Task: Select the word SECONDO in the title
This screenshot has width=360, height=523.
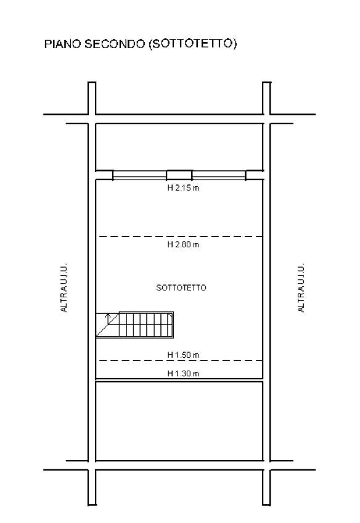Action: click(114, 44)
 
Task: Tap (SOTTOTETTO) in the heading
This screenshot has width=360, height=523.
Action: click(192, 44)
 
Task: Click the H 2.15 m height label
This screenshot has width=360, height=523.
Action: click(183, 187)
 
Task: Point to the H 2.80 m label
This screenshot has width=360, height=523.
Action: click(183, 244)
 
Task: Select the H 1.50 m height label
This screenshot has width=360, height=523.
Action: click(183, 355)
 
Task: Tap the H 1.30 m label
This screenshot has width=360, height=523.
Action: click(183, 374)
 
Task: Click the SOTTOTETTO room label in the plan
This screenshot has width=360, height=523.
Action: click(181, 287)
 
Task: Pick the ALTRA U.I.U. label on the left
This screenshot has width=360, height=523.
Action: click(63, 287)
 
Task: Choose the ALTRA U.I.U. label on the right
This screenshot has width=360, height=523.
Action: click(301, 287)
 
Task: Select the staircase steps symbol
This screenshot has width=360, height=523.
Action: click(146, 325)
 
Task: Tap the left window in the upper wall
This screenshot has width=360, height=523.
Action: click(140, 175)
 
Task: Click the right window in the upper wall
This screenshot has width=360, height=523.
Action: click(219, 175)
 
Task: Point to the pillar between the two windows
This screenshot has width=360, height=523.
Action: click(179, 175)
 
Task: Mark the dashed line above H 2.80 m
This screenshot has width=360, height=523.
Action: click(181, 236)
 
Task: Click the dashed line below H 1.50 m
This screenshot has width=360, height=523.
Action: click(181, 361)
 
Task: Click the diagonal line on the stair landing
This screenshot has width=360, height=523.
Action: click(108, 324)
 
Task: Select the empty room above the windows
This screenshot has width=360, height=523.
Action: click(179, 147)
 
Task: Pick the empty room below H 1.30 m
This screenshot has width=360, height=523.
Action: click(179, 421)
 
